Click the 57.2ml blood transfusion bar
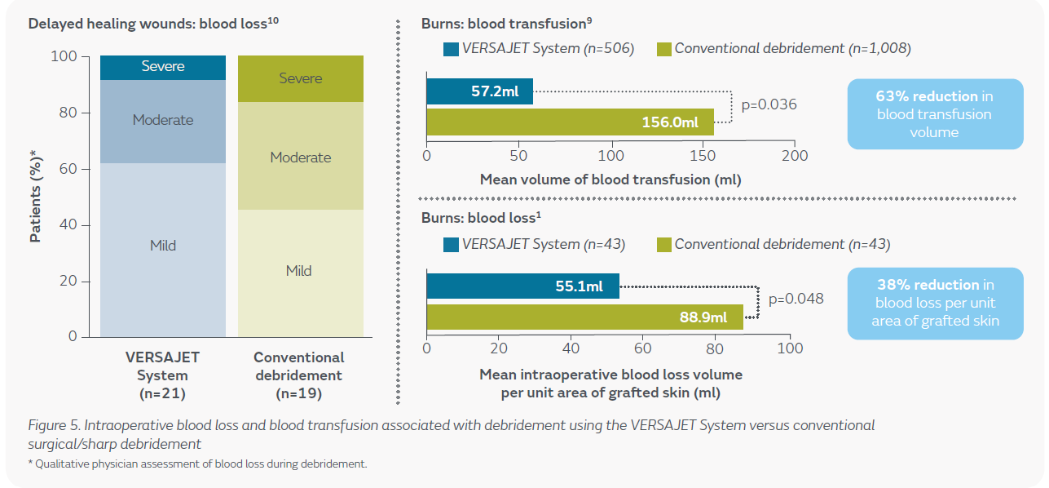479,91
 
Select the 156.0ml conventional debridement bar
570,122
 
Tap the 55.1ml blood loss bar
522,286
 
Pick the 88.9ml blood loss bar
584,317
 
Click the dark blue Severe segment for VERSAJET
163,68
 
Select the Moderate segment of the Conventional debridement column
301,156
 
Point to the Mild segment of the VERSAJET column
163,250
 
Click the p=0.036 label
769,104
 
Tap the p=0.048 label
796,299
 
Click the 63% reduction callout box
935,114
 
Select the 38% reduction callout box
935,304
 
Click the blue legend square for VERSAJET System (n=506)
451,49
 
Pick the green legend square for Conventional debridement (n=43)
664,245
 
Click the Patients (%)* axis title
36,196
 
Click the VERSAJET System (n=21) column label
162,375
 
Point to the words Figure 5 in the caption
54,426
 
